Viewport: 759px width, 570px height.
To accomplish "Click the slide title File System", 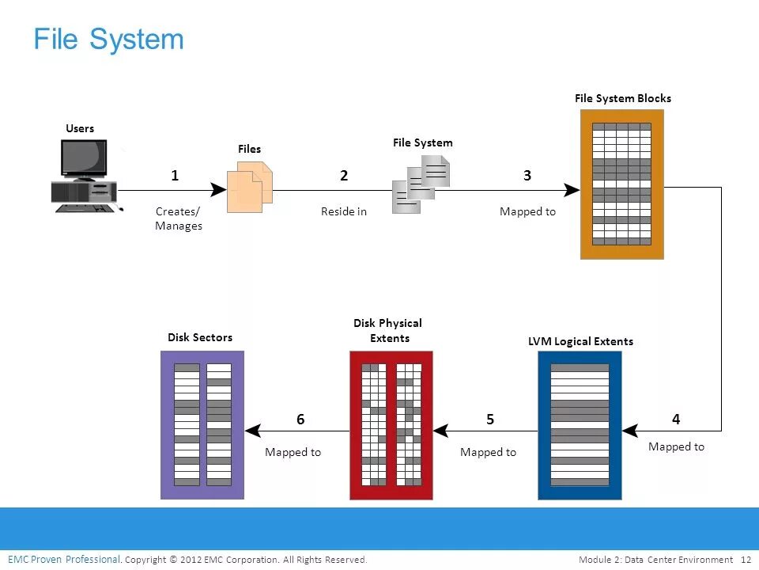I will [x=108, y=39].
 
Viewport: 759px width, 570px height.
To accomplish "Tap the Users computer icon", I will [x=84, y=176].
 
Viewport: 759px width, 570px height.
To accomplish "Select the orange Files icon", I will [x=250, y=188].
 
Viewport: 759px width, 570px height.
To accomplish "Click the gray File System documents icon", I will [x=421, y=183].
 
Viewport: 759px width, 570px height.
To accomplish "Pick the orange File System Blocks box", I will [x=621, y=184].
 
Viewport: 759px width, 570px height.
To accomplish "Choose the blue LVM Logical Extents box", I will [x=580, y=425].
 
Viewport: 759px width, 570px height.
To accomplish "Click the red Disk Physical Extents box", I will [x=391, y=425].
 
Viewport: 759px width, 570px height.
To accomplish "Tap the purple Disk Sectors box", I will [x=202, y=425].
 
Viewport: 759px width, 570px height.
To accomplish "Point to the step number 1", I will [x=175, y=176].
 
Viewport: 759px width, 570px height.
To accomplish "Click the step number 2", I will [x=344, y=176].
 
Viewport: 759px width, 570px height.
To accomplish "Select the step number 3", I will [x=527, y=176].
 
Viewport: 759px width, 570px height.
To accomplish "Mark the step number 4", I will [x=676, y=419].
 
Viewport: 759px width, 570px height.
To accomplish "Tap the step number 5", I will [x=490, y=420].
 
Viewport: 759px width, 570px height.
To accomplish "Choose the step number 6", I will [x=300, y=420].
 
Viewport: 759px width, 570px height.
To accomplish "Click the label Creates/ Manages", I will [x=179, y=218].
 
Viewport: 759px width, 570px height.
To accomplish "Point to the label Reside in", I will [x=344, y=211].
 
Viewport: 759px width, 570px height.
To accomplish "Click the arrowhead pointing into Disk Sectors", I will [x=253, y=431].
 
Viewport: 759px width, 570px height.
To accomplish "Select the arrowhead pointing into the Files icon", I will [x=219, y=190].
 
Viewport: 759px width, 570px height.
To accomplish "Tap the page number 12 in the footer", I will [x=746, y=560].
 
